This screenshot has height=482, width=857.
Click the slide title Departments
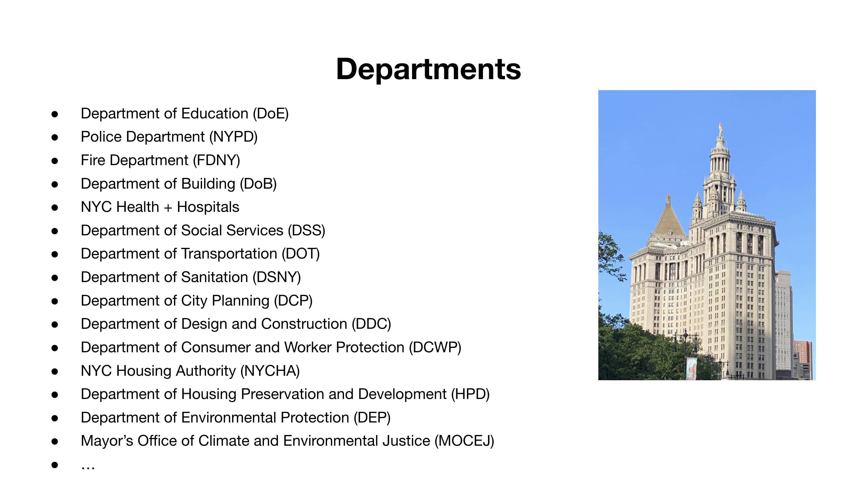coord(428,69)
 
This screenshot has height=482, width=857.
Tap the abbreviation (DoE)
coord(270,114)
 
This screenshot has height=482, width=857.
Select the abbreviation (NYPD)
coord(233,137)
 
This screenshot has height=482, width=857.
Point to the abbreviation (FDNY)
coord(216,160)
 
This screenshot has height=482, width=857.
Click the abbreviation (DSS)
coord(306,231)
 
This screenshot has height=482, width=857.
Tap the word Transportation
coord(229,254)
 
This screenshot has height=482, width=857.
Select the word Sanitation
coord(214,277)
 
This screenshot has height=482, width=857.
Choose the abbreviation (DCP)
coord(293,301)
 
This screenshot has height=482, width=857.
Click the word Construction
coord(304,324)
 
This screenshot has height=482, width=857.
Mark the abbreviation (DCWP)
coord(435,347)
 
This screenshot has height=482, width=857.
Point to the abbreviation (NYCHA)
coord(270,371)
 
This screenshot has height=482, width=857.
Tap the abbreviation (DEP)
coord(372,417)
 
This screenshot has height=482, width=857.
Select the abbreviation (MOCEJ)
coord(464,441)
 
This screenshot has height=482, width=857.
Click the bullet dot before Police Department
coord(55,137)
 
